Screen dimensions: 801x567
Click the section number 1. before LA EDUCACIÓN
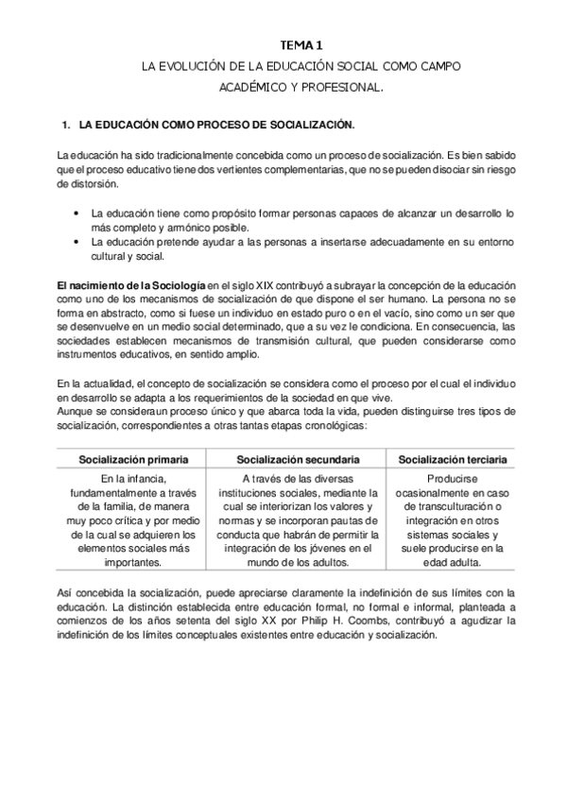click(65, 124)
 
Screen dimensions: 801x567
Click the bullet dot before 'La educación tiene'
click(76, 213)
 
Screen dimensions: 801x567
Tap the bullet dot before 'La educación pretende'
click(76, 242)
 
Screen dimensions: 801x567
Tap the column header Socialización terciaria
click(454, 459)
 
